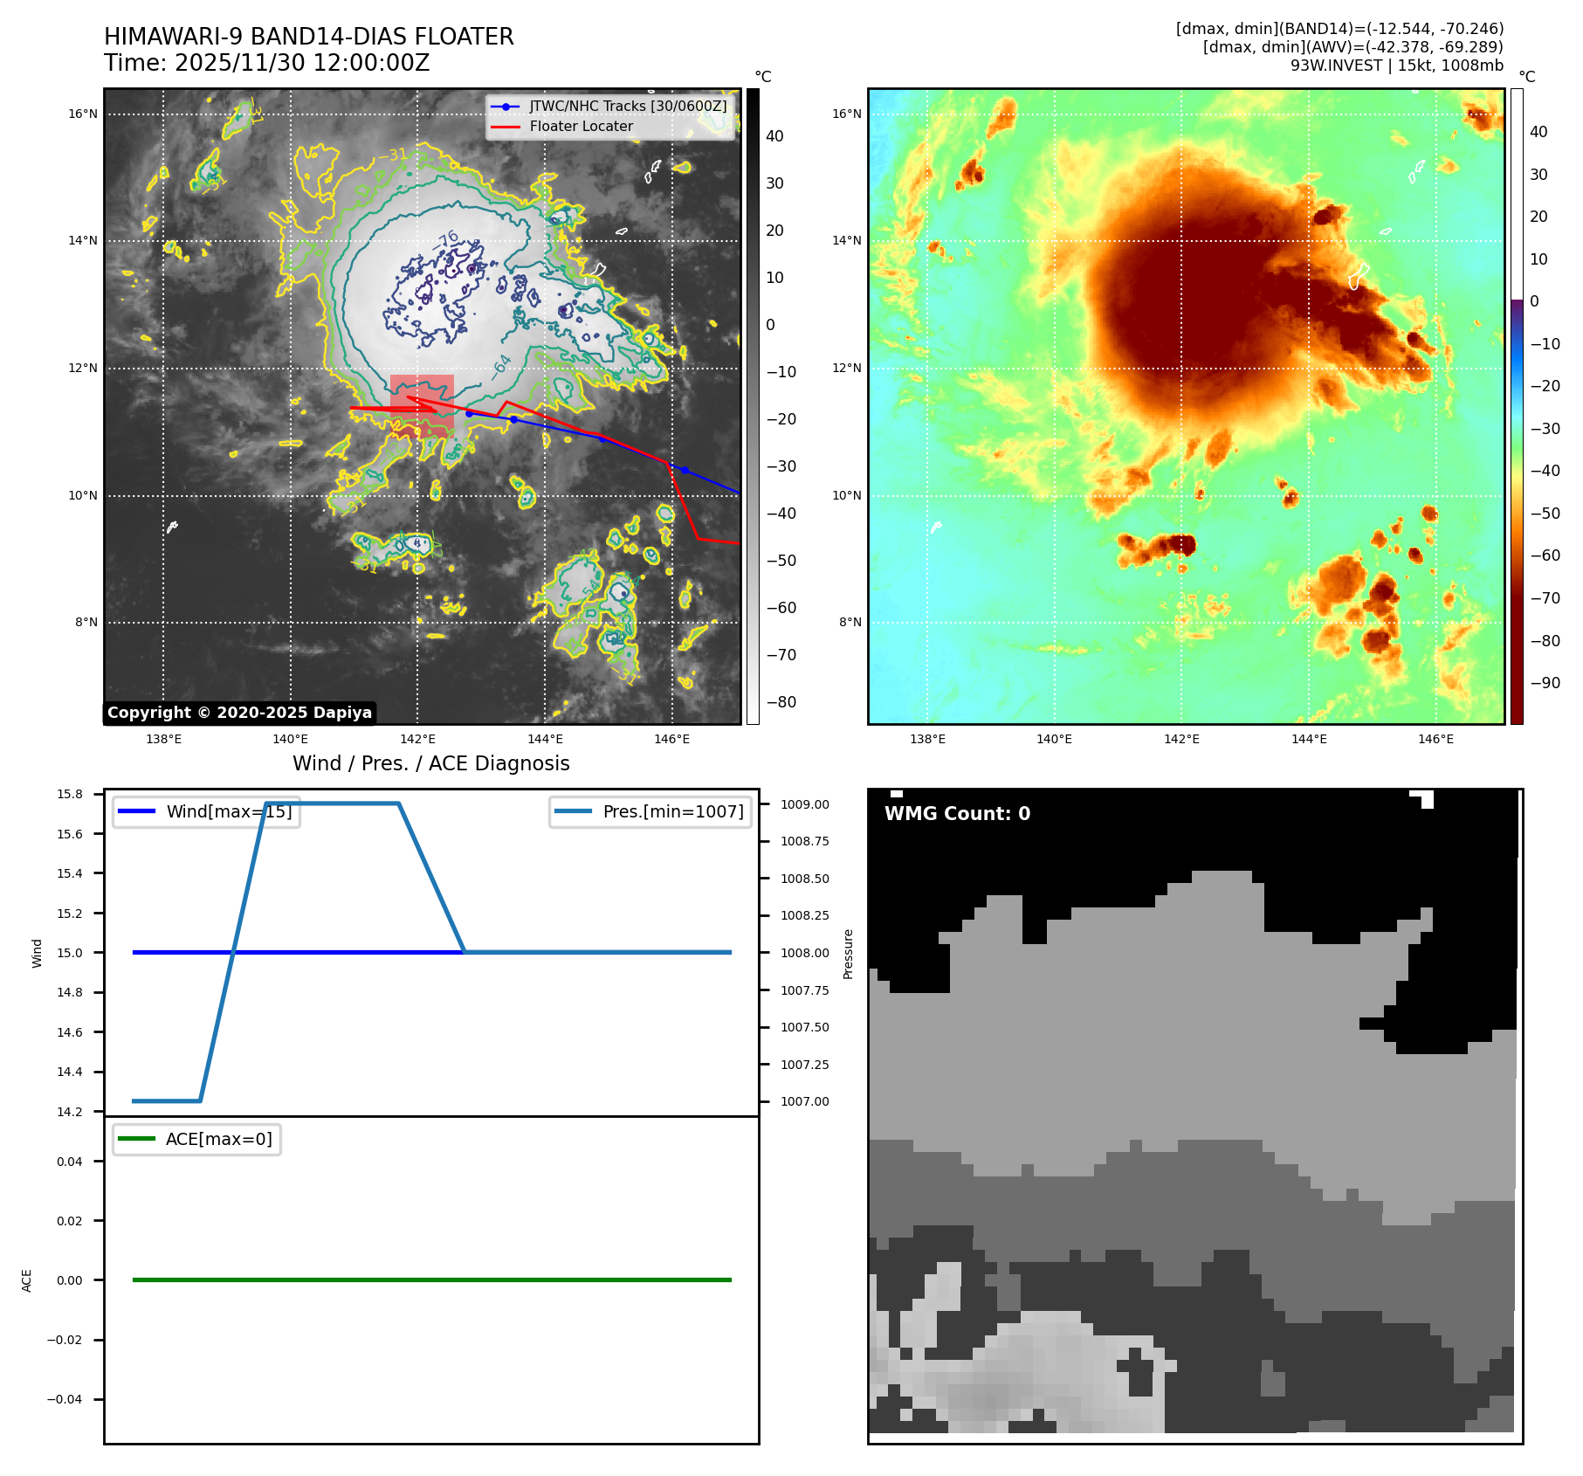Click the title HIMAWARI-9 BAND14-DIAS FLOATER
308,37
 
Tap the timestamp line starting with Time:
266,63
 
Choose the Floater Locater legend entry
581,126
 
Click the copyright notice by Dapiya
239,713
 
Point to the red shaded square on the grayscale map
422,405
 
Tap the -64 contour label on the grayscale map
501,364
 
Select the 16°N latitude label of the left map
83,114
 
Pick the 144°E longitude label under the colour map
1308,739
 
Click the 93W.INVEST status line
1396,66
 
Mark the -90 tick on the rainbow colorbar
1545,683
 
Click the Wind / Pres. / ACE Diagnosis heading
430,763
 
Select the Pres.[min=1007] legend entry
672,811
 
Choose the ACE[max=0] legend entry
218,1139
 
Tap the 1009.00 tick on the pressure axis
804,804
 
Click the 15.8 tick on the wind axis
70,794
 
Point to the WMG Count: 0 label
957,813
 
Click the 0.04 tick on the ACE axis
70,1162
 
